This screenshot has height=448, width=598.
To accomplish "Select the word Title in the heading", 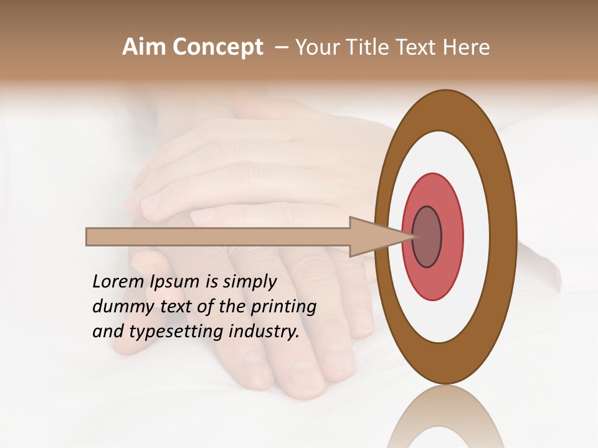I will click(x=366, y=47).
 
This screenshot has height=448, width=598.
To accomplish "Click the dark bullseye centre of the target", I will click(x=427, y=237).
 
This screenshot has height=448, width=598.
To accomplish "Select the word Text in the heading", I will click(x=414, y=47).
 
